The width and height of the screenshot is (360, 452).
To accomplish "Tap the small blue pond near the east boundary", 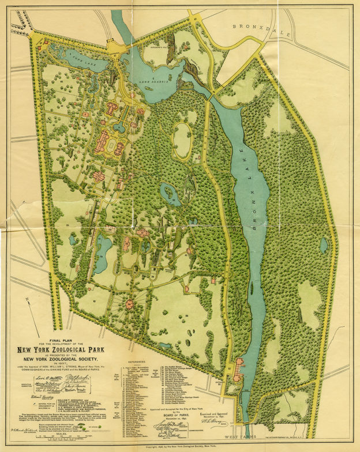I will (324, 246).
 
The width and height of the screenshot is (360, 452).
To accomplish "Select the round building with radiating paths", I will (129, 303).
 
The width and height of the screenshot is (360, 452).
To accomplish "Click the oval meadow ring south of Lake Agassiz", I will (183, 140).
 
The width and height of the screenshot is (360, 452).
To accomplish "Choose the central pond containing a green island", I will (170, 194).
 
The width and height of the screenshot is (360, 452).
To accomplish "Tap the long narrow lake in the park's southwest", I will (103, 254).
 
